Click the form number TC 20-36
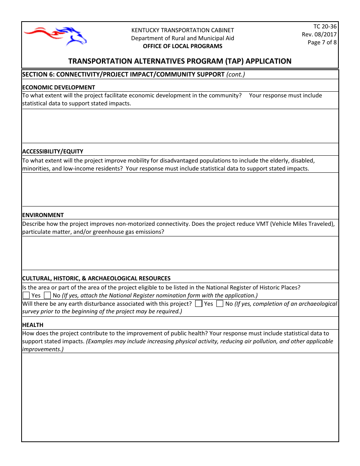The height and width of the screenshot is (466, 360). (x=325, y=26)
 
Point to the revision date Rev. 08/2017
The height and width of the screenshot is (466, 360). (x=319, y=34)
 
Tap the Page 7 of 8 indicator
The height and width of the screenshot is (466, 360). (x=322, y=42)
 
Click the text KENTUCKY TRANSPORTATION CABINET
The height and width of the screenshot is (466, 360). (x=183, y=30)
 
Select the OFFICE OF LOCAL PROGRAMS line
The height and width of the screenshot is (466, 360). (x=183, y=46)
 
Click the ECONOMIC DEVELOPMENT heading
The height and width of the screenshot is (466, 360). (x=59, y=87)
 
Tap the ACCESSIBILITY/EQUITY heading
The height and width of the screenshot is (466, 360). (x=53, y=151)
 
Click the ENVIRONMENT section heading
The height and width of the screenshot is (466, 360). (x=43, y=215)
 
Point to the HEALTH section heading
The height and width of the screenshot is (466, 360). (x=33, y=325)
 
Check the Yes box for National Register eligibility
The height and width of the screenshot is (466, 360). (x=26, y=295)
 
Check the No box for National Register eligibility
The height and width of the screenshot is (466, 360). (x=47, y=295)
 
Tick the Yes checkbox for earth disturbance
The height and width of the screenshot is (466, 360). (x=199, y=303)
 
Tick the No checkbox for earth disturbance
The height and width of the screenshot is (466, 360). (x=220, y=303)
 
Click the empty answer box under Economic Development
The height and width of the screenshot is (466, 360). (x=180, y=126)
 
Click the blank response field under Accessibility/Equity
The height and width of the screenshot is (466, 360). (x=180, y=189)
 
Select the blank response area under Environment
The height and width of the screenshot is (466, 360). (x=180, y=253)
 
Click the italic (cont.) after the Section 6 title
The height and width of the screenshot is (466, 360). (x=236, y=74)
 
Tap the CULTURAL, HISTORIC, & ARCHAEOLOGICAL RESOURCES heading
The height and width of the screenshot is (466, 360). (x=96, y=278)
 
